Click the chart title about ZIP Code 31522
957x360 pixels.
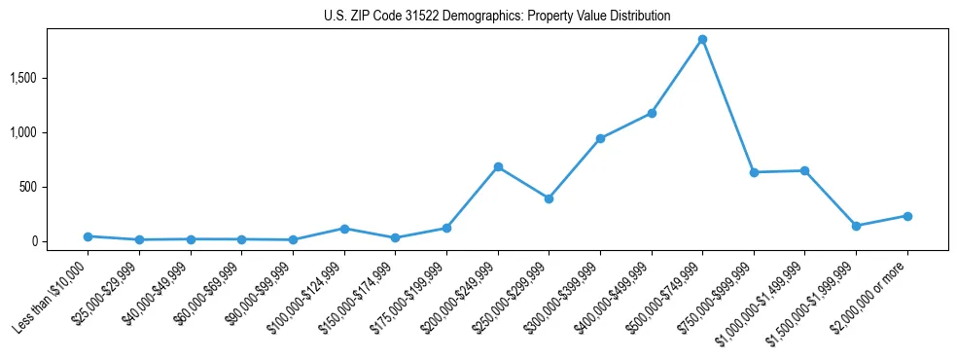pos(497,17)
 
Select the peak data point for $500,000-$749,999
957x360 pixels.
pos(702,39)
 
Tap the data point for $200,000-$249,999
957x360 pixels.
pos(498,166)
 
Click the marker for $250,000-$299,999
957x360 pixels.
pos(549,198)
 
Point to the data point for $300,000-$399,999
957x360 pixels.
pos(600,138)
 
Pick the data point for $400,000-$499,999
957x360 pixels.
pos(652,113)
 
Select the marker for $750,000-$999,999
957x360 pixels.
pos(754,172)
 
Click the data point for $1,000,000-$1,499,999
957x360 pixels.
pos(804,170)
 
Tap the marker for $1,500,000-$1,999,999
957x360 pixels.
pos(856,226)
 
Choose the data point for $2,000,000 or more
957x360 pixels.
pos(907,216)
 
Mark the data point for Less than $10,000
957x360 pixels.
pos(88,236)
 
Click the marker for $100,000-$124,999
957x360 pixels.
pos(344,229)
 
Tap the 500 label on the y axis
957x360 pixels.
pos(42,187)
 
